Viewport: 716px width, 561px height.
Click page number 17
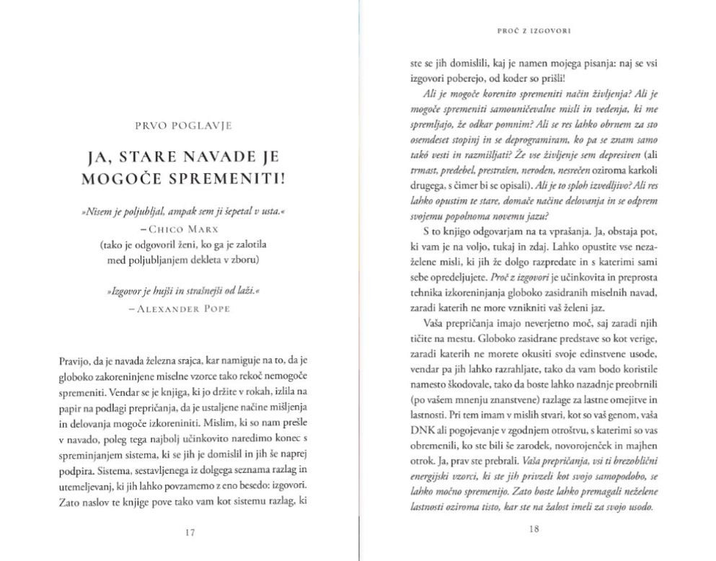click(190, 533)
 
